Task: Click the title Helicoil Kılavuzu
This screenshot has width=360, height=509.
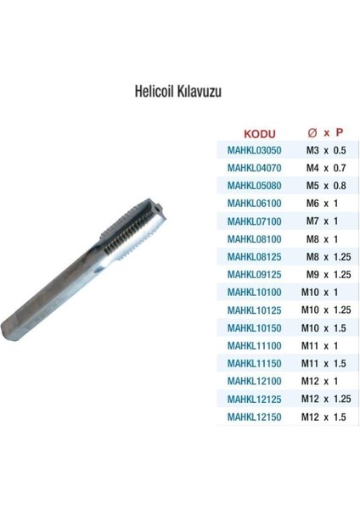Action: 177,91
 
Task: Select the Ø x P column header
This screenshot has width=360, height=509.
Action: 325,133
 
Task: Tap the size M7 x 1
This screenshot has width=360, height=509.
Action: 323,221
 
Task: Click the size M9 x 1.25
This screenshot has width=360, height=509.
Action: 328,275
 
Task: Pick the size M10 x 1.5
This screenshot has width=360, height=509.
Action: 325,328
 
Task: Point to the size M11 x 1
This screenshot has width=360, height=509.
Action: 322,346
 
